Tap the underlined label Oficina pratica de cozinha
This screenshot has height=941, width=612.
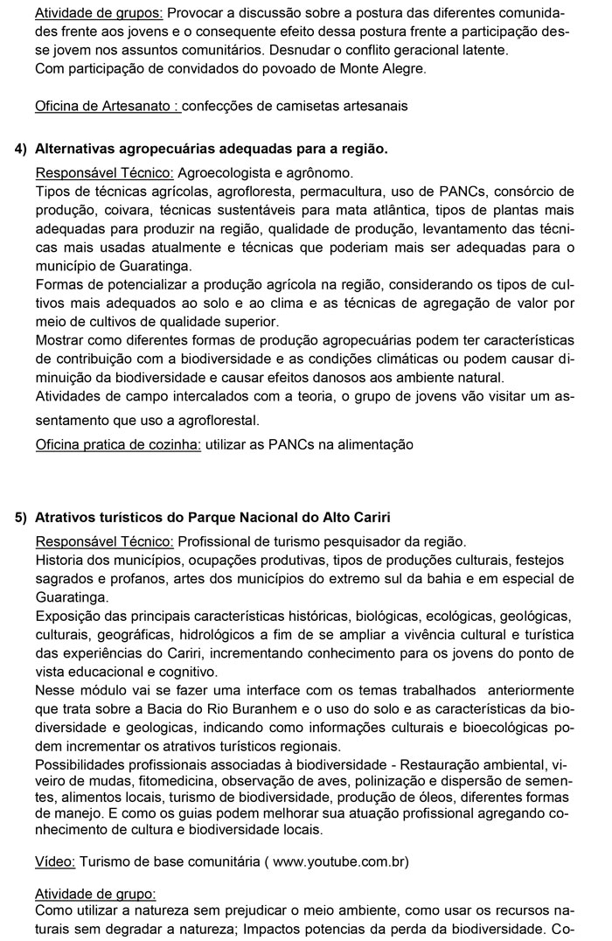(x=118, y=444)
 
